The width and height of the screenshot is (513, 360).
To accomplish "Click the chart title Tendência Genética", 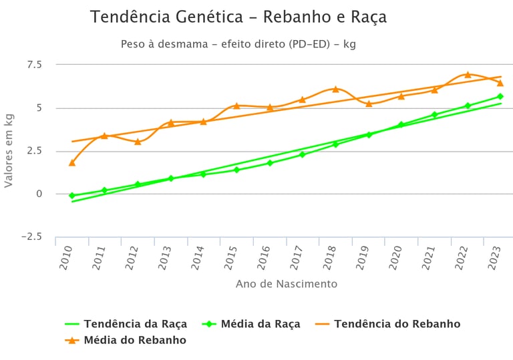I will (238, 17).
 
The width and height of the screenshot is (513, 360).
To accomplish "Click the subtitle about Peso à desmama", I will (238, 45).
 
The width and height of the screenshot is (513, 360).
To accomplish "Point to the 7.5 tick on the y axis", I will (33, 65).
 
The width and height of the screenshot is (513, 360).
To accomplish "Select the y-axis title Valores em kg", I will (9, 150).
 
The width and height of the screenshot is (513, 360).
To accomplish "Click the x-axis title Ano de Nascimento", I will (286, 284).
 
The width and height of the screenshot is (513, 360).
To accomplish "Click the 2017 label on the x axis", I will (297, 257).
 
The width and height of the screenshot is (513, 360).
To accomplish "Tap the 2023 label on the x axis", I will (494, 257).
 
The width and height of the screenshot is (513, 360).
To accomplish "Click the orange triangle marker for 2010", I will (72, 162).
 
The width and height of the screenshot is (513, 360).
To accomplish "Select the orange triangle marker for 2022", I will (468, 74).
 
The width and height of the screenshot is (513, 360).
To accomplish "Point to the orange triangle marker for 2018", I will (336, 89).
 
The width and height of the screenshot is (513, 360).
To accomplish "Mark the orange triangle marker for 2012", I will (138, 142).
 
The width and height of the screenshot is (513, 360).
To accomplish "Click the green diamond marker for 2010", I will (72, 196).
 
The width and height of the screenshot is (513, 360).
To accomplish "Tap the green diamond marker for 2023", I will (500, 97).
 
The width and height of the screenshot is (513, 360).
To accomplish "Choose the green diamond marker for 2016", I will (270, 163).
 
